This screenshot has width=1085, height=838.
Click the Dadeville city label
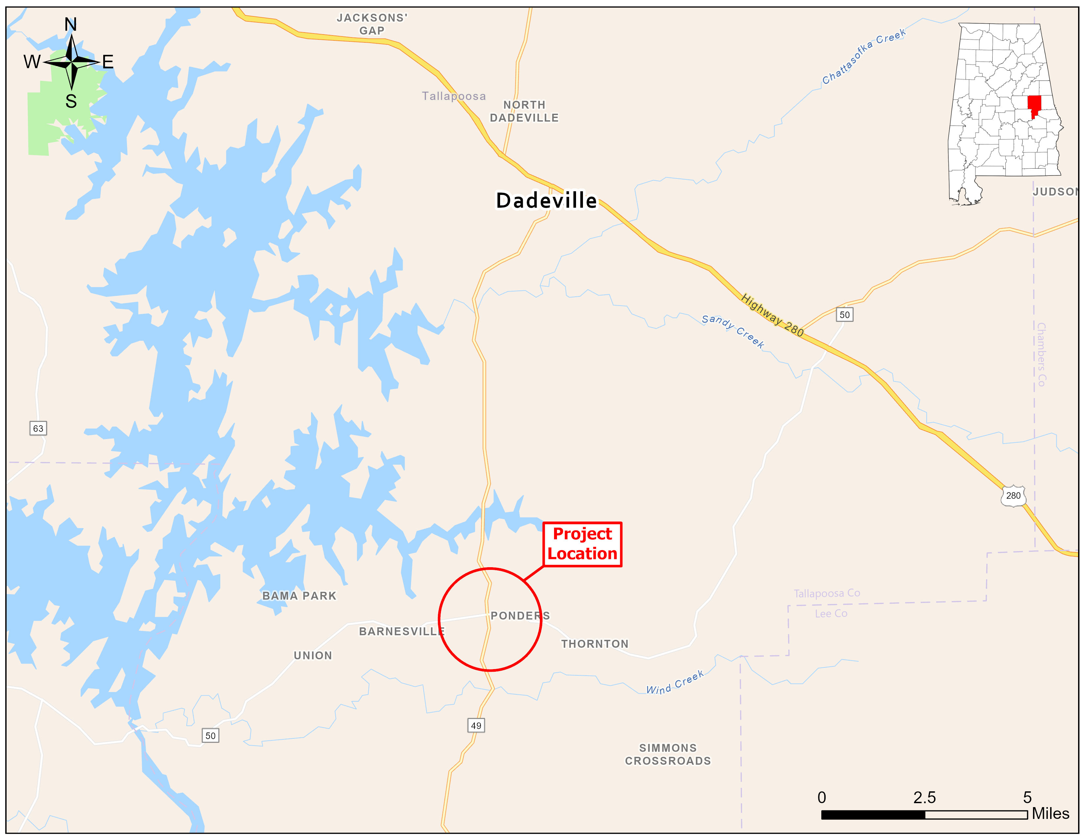tap(546, 200)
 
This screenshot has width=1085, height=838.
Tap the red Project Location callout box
tap(582, 544)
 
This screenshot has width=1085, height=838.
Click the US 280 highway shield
tap(1013, 496)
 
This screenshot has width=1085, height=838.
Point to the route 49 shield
tap(476, 725)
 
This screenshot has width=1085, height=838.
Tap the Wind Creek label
tap(675, 683)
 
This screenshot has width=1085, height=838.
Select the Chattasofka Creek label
tap(863, 56)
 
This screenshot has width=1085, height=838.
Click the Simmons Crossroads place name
tap(668, 754)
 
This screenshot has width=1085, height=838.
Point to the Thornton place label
tap(595, 644)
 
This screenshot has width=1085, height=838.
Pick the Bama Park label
tap(299, 596)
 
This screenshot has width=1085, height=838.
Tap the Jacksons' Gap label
tap(372, 24)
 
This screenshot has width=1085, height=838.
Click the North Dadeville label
tap(524, 111)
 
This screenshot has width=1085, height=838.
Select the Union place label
tap(313, 655)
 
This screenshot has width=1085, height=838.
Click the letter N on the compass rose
tap(71, 24)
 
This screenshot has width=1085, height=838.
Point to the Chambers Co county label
tap(1041, 355)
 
